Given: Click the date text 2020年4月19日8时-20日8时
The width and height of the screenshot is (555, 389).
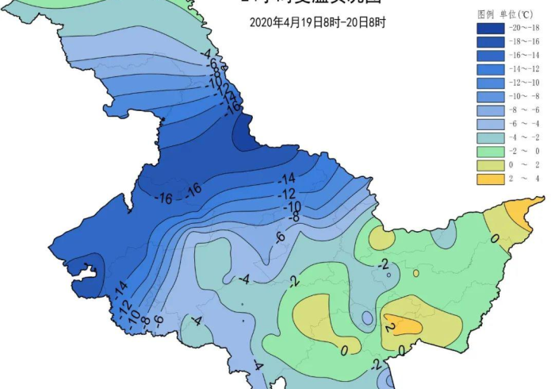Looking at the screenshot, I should tap(317, 22).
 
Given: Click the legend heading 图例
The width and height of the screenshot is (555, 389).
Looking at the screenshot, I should tap(485, 14).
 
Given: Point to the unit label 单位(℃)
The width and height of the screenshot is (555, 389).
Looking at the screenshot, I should tap(520, 14).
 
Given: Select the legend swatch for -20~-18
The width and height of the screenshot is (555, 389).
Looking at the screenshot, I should tap(490, 28).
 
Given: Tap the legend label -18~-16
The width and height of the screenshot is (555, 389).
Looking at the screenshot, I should tap(525, 41).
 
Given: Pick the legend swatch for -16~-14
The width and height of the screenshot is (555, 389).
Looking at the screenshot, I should tap(490, 56).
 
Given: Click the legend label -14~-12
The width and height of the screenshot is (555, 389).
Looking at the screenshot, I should tap(525, 69).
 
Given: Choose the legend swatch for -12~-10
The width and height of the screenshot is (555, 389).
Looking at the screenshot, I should tap(490, 83).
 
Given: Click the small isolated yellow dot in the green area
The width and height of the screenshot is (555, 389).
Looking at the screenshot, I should tap(415, 273).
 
